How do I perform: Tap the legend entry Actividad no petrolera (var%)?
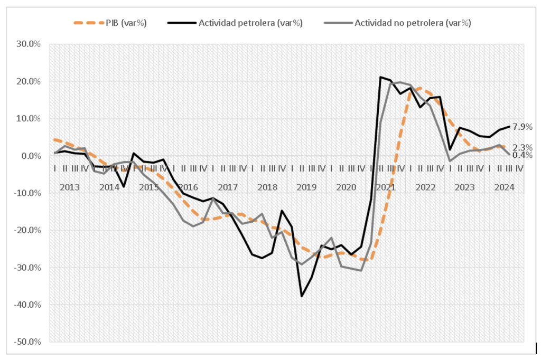tap(413, 23)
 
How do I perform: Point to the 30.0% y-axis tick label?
tap(29, 44)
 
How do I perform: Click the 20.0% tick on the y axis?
tap(29, 81)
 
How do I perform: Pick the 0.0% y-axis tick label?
tap(31, 156)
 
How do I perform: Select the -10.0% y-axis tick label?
tap(28, 193)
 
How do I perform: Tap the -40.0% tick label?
tap(28, 305)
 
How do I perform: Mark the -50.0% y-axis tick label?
tap(28, 342)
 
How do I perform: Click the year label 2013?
tap(70, 187)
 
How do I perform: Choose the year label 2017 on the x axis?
tap(228, 187)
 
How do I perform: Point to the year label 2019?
tap(306, 187)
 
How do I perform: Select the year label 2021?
tap(386, 187)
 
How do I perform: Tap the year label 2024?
tap(504, 187)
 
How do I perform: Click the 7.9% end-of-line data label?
tap(522, 127)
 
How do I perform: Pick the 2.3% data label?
tap(522, 147)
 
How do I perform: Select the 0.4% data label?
tap(522, 155)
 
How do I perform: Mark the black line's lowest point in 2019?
tap(302, 296)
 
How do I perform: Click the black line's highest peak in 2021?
tap(380, 77)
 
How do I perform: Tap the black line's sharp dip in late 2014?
tap(124, 187)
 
